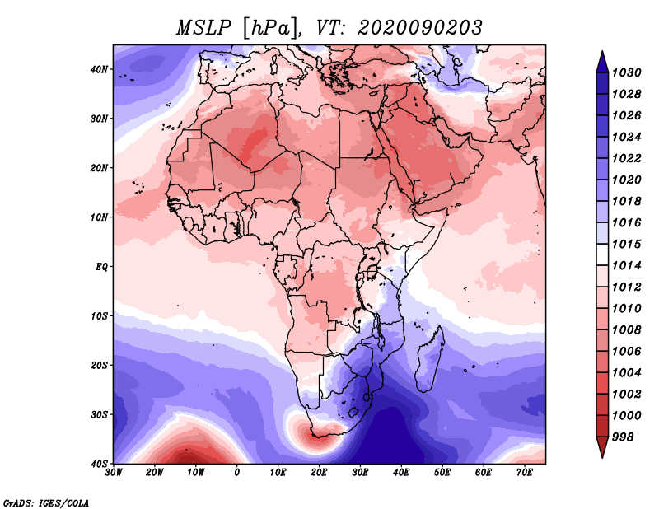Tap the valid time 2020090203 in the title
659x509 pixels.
pyautogui.click(x=420, y=28)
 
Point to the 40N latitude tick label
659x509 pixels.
pyautogui.click(x=99, y=69)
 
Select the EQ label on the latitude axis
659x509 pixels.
pyautogui.click(x=101, y=267)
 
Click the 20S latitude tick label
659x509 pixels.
pyautogui.click(x=99, y=365)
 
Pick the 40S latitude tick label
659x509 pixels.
pyautogui.click(x=99, y=464)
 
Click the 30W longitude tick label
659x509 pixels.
pyautogui.click(x=114, y=473)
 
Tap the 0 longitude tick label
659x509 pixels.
pyautogui.click(x=237, y=473)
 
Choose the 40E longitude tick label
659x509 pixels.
pyautogui.click(x=401, y=473)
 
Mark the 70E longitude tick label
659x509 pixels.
pyautogui.click(x=524, y=473)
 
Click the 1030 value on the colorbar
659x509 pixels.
pyautogui.click(x=626, y=72)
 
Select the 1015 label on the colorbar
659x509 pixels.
pyautogui.click(x=626, y=244)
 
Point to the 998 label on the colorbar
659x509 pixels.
pyautogui.click(x=622, y=437)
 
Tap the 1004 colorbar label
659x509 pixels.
pyautogui.click(x=626, y=373)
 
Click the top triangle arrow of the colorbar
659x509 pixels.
pyautogui.click(x=602, y=62)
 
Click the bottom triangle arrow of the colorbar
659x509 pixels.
pyautogui.click(x=602, y=447)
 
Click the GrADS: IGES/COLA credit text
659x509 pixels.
pyautogui.click(x=46, y=503)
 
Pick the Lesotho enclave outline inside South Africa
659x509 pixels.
pyautogui.click(x=353, y=412)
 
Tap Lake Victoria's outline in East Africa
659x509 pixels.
pyautogui.click(x=372, y=272)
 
